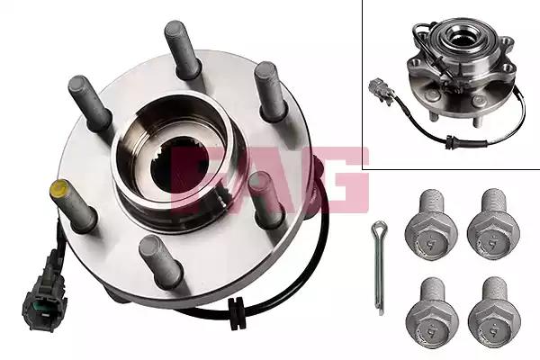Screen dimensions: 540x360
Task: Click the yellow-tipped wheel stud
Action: click(x=72, y=204)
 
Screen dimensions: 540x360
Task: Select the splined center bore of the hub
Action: click(x=179, y=166)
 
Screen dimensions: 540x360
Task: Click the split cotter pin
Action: click(x=380, y=267)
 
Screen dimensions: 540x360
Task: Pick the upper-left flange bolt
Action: click(x=431, y=224)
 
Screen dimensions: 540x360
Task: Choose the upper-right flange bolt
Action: click(x=493, y=224)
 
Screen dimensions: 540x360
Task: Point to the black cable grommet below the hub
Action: click(x=237, y=313)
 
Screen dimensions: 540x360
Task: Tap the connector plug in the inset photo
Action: click(x=381, y=91)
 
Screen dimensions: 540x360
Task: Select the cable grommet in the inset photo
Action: click(x=449, y=142)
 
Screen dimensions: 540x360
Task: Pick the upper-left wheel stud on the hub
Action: click(x=90, y=103)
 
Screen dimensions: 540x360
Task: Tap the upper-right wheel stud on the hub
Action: click(x=270, y=90)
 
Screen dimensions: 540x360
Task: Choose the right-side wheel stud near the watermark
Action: click(x=265, y=200)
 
